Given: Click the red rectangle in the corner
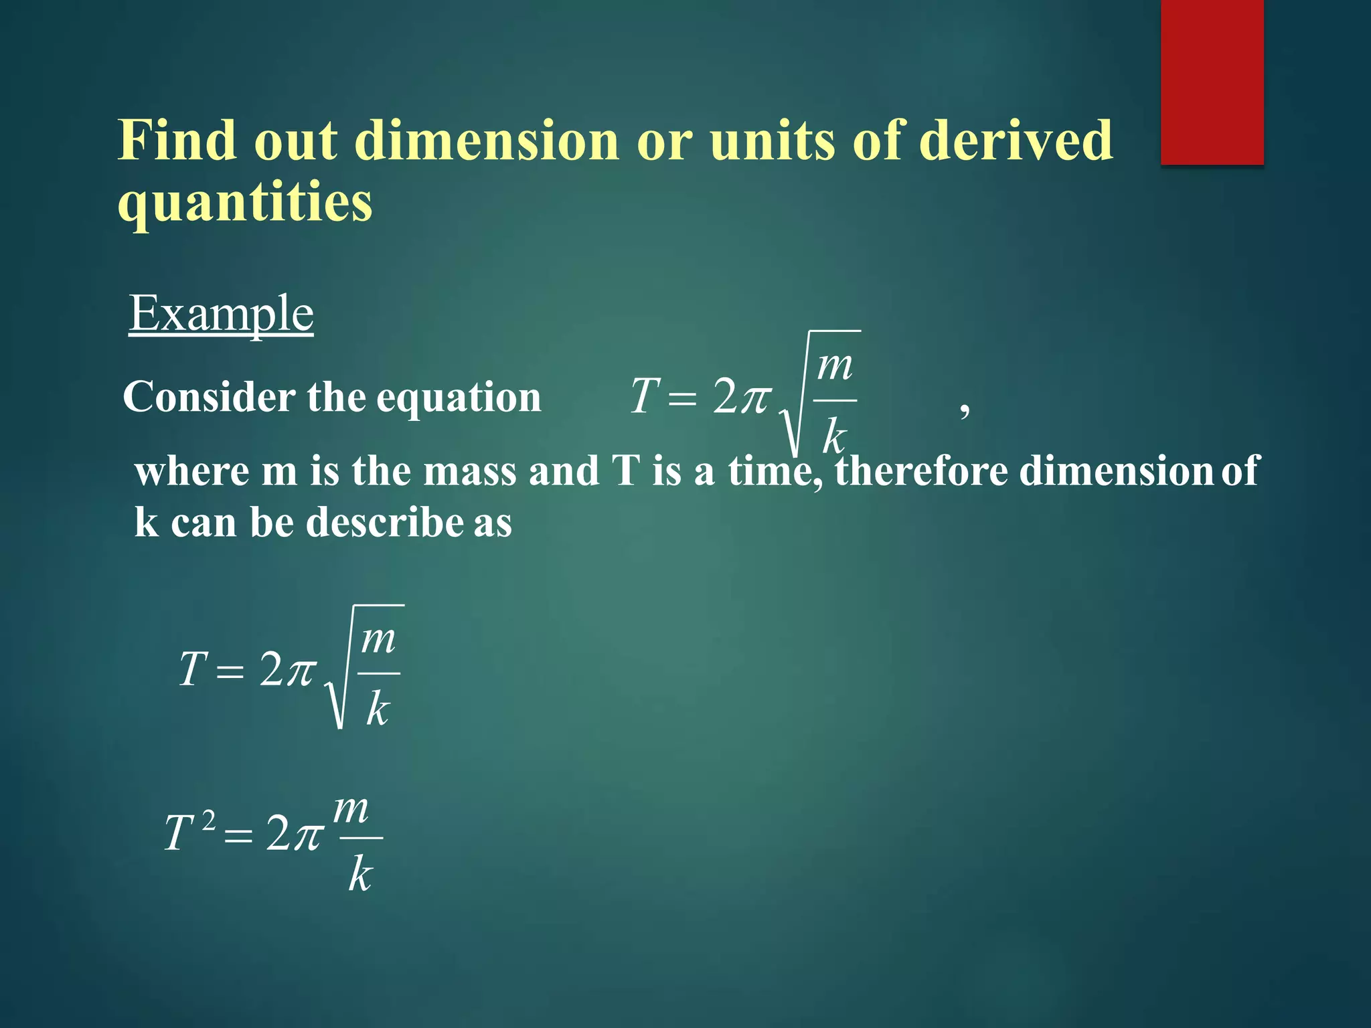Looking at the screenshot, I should point(1212,82).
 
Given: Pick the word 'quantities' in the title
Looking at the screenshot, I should point(245,202).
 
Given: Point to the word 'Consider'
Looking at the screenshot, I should point(210,397).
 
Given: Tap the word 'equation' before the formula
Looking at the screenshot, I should point(459,398).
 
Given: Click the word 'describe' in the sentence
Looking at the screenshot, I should point(384,523).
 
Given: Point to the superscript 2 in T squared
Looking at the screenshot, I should point(209,820).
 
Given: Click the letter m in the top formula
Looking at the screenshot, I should point(835,367).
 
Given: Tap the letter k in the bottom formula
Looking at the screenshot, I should point(360,875).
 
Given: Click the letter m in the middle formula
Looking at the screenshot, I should point(378,640).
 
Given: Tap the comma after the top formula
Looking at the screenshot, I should point(964,408).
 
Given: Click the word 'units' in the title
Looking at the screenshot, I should point(772,141).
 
